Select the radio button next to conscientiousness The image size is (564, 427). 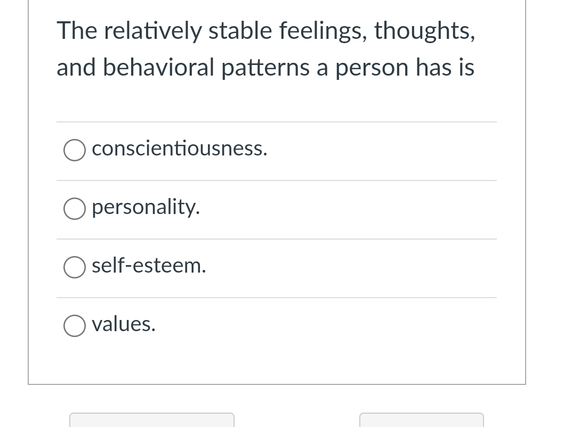[74, 151]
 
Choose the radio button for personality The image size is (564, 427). [74, 209]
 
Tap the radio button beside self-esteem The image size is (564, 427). [74, 268]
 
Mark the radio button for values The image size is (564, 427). [74, 326]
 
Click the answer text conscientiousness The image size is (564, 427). [180, 149]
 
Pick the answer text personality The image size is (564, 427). [146, 208]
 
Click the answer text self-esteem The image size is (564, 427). [149, 266]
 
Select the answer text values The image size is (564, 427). [124, 324]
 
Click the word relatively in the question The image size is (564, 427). [151, 31]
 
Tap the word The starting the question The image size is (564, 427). [76, 31]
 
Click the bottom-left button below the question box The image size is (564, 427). [152, 420]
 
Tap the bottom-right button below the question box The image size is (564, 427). [422, 420]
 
